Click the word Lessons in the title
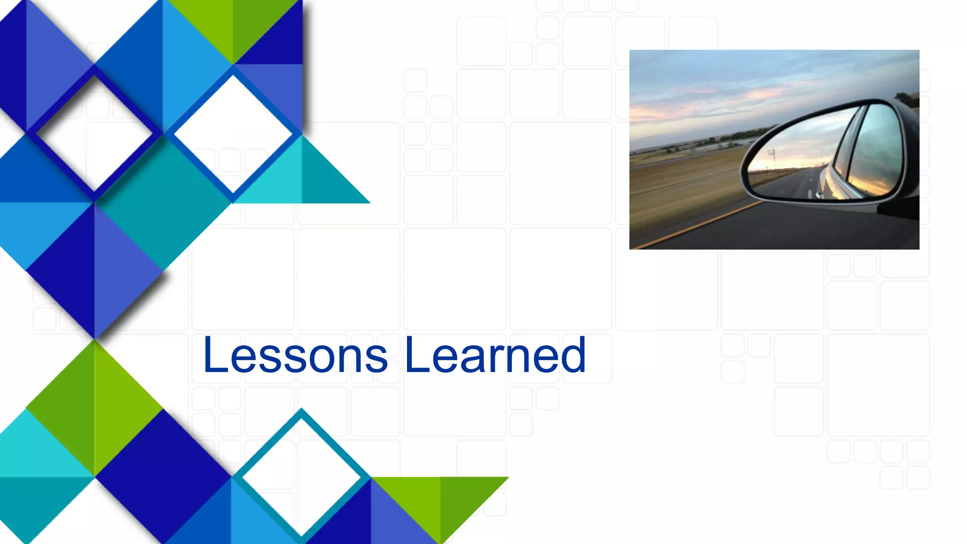tap(295, 355)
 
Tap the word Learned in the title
tap(495, 355)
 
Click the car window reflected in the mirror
tap(874, 151)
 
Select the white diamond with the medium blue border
tap(233, 133)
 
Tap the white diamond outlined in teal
tap(301, 477)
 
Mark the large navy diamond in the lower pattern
tap(163, 477)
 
